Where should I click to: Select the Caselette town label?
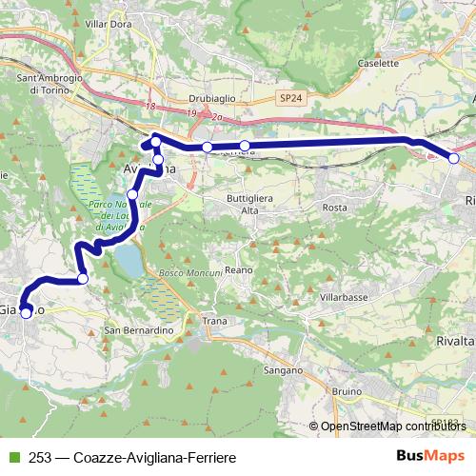378,63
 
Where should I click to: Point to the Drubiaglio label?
197,97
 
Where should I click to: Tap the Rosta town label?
334,207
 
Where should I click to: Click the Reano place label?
238,270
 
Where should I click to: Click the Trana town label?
215,322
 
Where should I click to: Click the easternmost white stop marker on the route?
454,159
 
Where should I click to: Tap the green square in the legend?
12,458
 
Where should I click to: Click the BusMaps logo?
431,457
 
